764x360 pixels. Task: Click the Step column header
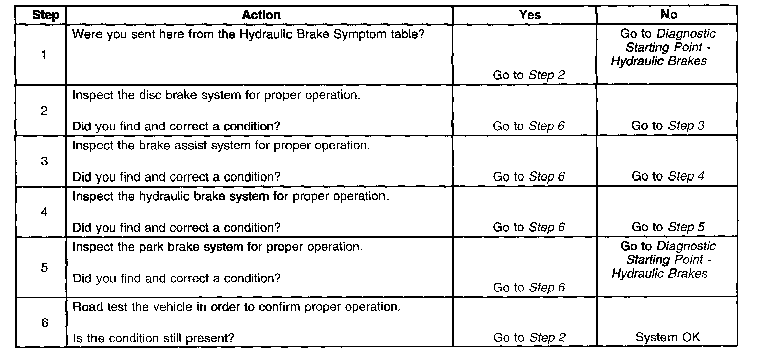(45, 15)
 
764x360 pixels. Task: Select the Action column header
(261, 15)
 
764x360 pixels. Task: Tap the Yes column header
(530, 15)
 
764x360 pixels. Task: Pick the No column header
(669, 15)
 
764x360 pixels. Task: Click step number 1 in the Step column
(44, 55)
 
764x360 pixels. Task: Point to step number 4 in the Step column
(44, 212)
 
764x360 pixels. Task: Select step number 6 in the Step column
(44, 323)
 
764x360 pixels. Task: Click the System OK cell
(667, 337)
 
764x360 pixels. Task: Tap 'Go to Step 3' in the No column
(668, 126)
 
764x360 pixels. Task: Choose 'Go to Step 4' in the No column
(668, 176)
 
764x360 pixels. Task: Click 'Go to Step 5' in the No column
(668, 227)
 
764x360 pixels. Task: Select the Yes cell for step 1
(529, 75)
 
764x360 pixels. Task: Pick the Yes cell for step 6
(529, 338)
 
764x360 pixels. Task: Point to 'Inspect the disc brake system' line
(216, 95)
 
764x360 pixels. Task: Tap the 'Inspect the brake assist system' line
(221, 146)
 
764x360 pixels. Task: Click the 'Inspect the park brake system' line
(218, 247)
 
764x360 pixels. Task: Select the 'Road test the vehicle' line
(237, 307)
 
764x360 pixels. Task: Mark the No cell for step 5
(668, 260)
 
